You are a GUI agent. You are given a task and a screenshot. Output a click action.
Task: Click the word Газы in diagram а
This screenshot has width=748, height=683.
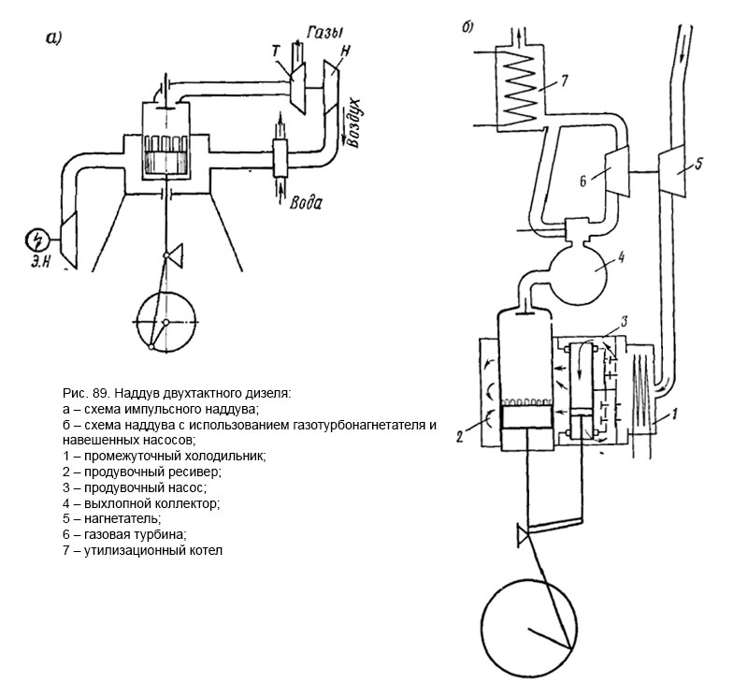tap(325, 33)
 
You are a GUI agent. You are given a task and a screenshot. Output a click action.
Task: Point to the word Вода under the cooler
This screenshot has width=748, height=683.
tap(306, 202)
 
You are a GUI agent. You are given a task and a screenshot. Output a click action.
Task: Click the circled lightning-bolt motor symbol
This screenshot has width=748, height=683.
tap(37, 240)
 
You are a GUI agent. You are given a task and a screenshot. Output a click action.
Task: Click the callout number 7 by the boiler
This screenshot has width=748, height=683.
tap(564, 80)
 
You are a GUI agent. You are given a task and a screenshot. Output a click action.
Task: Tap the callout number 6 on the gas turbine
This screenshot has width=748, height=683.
tap(583, 182)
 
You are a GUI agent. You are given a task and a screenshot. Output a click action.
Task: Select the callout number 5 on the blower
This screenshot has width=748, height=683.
tap(698, 165)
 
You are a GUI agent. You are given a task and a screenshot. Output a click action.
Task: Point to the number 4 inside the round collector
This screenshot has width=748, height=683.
tap(621, 257)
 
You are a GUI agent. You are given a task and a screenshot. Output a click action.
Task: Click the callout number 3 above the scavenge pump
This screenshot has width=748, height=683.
tap(623, 323)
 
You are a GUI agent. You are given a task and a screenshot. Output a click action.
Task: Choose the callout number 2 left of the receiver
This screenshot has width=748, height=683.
tap(459, 436)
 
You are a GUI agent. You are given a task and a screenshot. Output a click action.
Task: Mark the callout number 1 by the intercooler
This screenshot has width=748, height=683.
tap(674, 414)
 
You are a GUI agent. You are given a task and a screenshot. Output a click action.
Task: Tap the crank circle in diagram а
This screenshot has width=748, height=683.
tap(137, 323)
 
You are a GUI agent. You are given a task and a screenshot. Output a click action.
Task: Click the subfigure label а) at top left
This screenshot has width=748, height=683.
tap(53, 37)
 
